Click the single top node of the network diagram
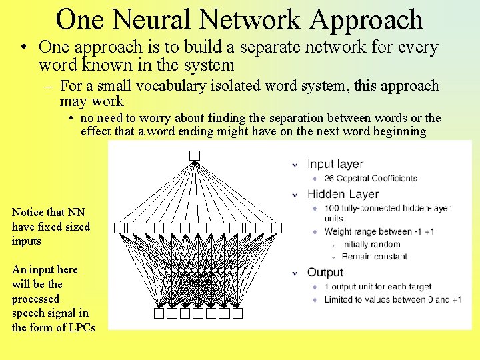(x=194, y=155)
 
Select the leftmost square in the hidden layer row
(x=119, y=227)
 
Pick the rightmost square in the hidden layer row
(x=277, y=227)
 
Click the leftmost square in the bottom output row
(x=159, y=313)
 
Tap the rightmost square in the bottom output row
(x=237, y=313)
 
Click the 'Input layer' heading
(x=335, y=164)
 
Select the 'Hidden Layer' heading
(x=343, y=194)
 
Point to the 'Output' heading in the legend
(x=325, y=272)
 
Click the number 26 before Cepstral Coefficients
(x=329, y=179)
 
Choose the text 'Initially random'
(x=371, y=245)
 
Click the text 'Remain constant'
(x=375, y=257)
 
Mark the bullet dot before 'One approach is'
(x=23, y=48)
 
